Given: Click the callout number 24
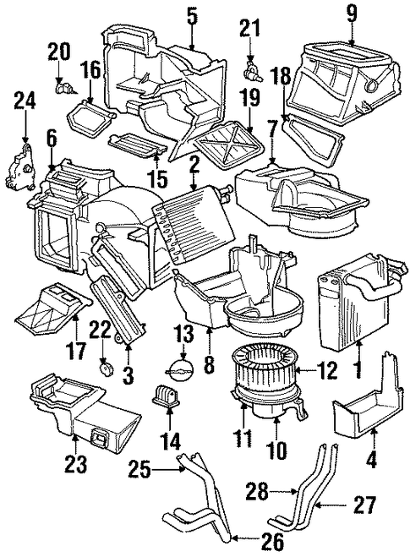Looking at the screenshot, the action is tap(25, 101).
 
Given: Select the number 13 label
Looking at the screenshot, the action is tap(184, 335).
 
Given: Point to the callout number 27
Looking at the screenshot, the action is tap(364, 505).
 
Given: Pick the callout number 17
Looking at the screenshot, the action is tap(77, 350).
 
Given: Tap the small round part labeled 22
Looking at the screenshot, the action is tap(104, 368).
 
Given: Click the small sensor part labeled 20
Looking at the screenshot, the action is tap(64, 87).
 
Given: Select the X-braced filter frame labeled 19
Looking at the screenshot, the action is tap(228, 143).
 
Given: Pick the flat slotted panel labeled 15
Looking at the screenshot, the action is tap(138, 145).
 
